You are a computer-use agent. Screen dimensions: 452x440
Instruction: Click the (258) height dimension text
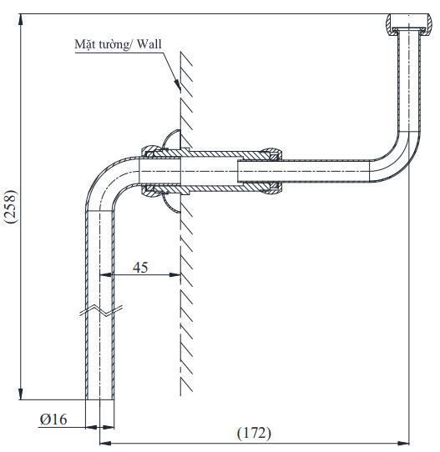[10, 204]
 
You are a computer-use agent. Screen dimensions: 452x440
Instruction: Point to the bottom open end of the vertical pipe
[99, 399]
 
